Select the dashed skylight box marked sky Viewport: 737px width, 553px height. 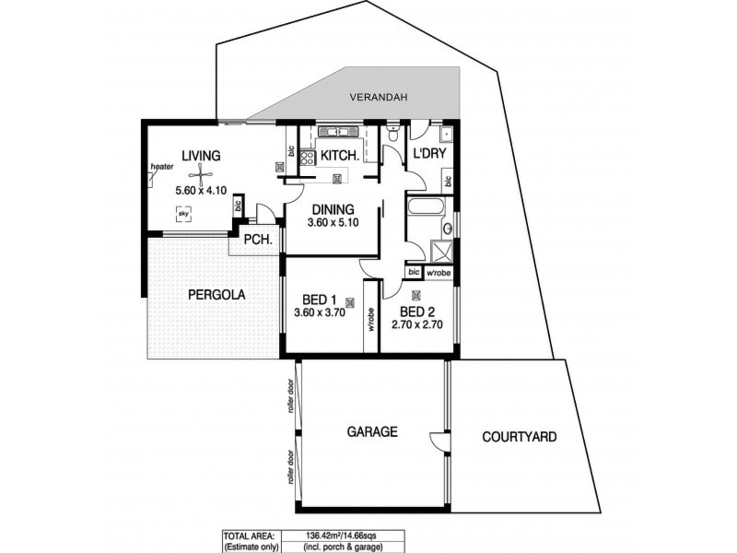coord(183,214)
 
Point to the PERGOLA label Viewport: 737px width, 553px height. coord(215,296)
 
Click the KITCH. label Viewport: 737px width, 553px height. coord(339,156)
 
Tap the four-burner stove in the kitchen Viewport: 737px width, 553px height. coord(305,158)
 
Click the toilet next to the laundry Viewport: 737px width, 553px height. coord(393,136)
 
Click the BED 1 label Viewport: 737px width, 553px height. coord(319,300)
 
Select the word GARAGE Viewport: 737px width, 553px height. coord(371,430)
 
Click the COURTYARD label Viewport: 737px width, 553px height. coord(520,437)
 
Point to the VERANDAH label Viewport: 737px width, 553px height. coord(379,98)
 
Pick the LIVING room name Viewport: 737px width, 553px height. coord(201,155)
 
